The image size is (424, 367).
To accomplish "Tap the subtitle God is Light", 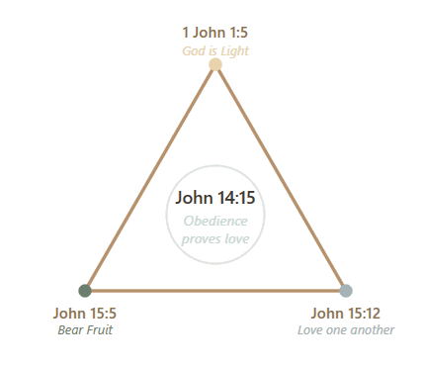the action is [214, 50].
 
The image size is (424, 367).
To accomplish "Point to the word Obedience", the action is [215, 222].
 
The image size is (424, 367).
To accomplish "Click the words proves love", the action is [215, 238].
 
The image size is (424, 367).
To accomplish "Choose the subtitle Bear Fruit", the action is [84, 329].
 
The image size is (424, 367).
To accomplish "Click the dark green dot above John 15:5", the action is [86, 289].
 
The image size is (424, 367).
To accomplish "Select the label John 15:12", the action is [345, 314].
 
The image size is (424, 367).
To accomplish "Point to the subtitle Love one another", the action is [345, 329].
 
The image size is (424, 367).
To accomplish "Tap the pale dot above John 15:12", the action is [345, 289].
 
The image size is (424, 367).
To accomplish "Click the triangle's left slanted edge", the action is [150, 178].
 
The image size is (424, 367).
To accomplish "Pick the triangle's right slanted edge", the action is [281, 178].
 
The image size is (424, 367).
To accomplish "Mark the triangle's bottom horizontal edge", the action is [215, 289].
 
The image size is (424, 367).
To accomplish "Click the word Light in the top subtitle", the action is [234, 50].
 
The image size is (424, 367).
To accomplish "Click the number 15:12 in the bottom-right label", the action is [362, 314].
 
